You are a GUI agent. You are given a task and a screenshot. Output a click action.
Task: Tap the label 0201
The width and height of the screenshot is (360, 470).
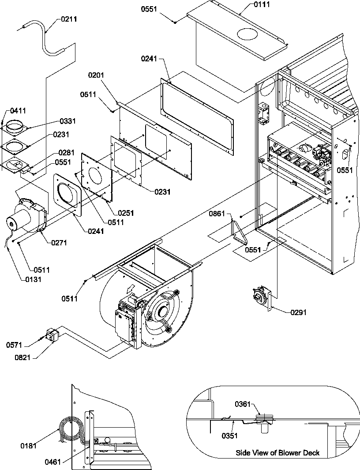[96, 75]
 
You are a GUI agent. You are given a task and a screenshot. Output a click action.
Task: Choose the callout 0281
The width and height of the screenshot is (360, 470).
[66, 153]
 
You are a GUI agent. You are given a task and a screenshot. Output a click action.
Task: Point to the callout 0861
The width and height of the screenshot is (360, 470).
[217, 214]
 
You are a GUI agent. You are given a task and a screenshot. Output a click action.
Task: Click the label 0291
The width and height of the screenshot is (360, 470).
[298, 312]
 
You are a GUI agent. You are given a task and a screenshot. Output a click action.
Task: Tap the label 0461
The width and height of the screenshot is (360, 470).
[53, 462]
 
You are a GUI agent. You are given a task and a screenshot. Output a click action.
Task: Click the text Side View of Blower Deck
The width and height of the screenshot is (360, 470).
[277, 453]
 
